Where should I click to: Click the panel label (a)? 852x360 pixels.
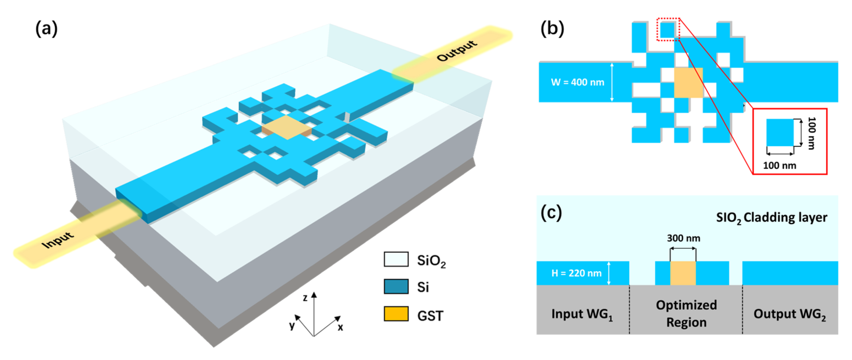[x=46, y=28]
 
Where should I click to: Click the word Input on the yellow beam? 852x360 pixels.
[x=58, y=240]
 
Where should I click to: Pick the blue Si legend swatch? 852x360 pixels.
[x=396, y=287]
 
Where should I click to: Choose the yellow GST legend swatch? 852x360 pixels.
[x=396, y=314]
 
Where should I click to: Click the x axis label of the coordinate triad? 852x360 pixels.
[x=340, y=327]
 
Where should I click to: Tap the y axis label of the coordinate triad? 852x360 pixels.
[x=292, y=325]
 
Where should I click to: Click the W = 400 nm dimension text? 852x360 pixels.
[x=577, y=82]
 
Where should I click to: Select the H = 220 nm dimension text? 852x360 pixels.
[x=576, y=273]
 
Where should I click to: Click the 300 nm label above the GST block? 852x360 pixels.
[x=683, y=238]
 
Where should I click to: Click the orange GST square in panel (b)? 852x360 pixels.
[x=688, y=82]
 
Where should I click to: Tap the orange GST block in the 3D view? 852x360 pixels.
[x=286, y=127]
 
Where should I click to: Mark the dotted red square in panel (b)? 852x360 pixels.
[x=668, y=30]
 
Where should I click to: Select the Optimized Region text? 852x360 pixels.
[x=686, y=313]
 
